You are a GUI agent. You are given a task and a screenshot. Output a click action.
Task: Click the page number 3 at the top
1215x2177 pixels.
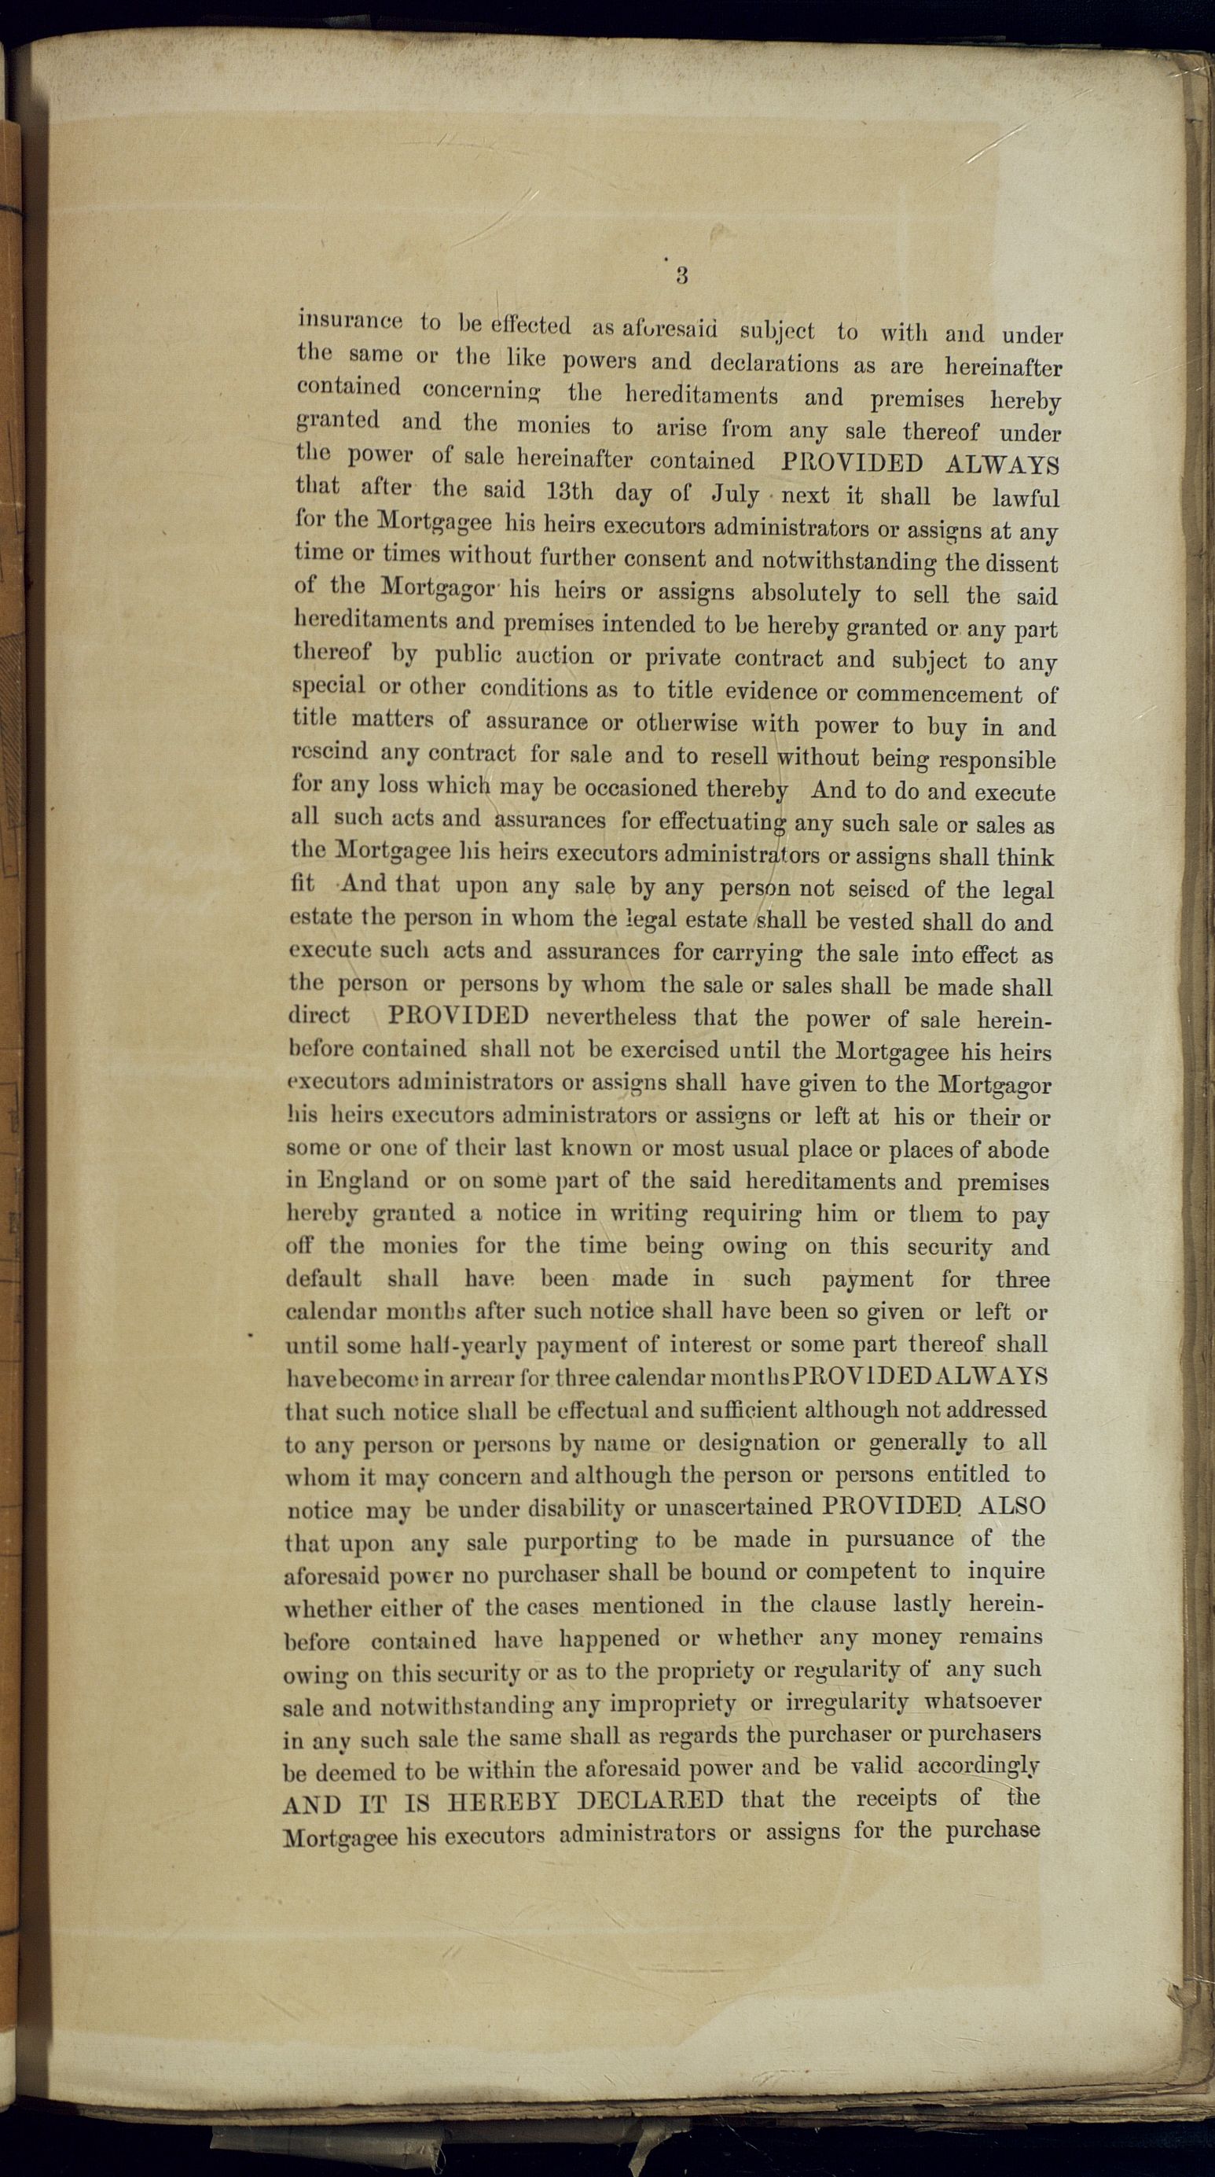682,274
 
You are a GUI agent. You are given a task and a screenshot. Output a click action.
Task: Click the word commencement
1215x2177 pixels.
938,695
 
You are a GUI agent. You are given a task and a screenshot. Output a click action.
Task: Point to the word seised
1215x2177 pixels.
879,889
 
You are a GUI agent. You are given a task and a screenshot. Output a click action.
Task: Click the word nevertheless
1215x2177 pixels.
611,1017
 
